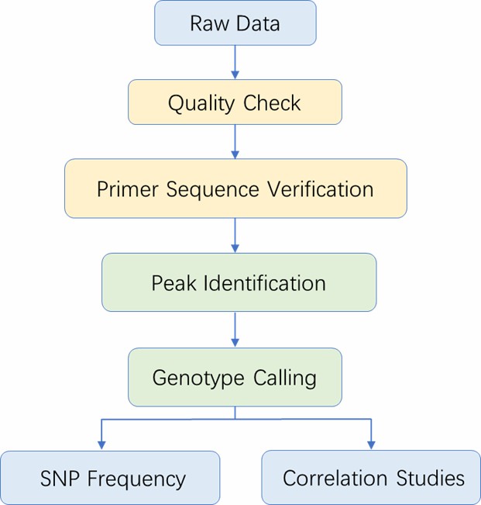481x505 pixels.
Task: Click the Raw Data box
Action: tap(235, 22)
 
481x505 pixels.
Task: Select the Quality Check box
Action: tap(235, 102)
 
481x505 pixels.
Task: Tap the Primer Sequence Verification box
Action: tap(235, 189)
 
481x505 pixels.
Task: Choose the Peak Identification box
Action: tap(239, 282)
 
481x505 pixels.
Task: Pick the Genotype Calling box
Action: tap(235, 377)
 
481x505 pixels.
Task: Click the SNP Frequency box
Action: tap(110, 478)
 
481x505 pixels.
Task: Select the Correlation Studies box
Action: tap(371, 478)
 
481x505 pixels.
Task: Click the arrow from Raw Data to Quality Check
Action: tap(235, 61)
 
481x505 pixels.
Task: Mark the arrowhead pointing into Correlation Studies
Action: tap(371, 444)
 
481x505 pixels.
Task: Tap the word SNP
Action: tap(60, 479)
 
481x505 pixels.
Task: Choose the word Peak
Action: tap(174, 283)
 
